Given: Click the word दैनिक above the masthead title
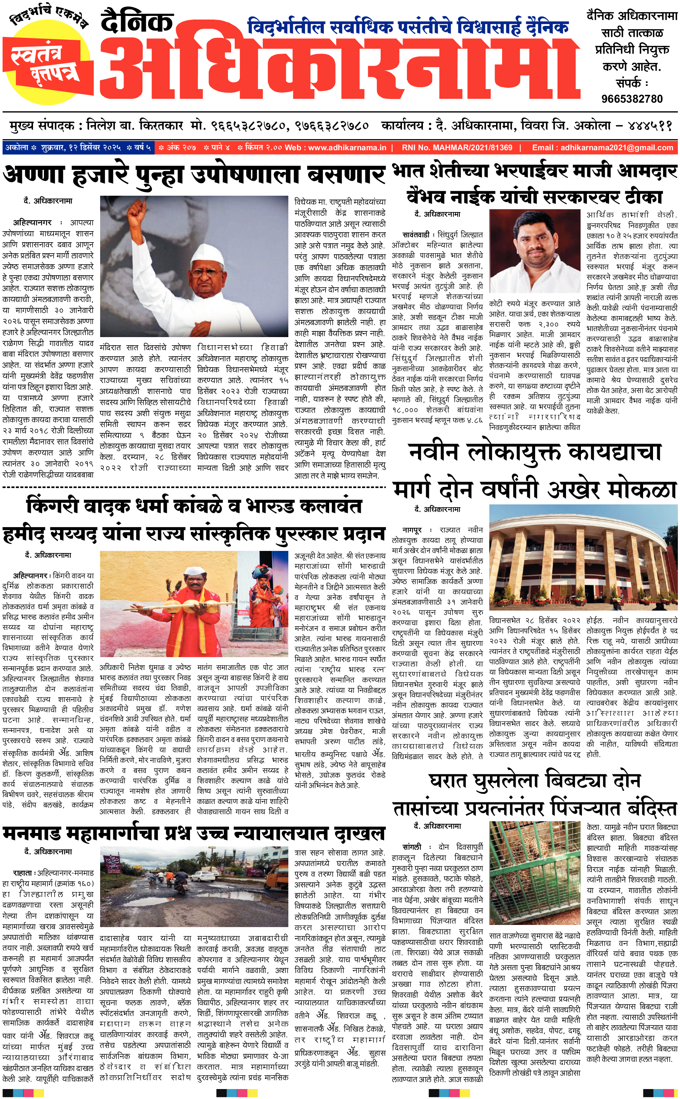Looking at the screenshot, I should click(x=137, y=22).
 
